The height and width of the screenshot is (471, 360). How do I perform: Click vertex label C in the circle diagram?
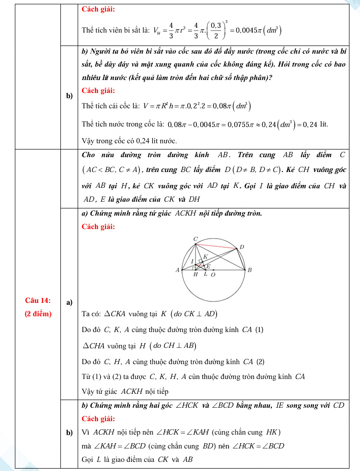(195, 239)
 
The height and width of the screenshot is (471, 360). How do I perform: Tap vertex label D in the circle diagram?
(242, 247)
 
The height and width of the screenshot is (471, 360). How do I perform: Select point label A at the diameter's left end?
(177, 270)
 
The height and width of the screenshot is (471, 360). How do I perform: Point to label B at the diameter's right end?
(249, 270)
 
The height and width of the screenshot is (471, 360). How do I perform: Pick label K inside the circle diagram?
(205, 257)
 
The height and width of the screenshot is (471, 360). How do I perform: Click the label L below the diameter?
(206, 275)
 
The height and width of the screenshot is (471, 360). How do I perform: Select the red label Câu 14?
(38, 300)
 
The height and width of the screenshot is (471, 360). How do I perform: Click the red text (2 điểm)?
(38, 314)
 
